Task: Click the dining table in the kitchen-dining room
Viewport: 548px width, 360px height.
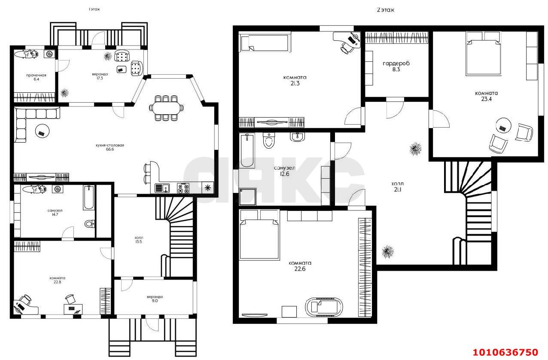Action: [166, 108]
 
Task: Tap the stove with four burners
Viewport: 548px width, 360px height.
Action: [183, 188]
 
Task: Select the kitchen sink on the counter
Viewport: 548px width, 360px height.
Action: [162, 188]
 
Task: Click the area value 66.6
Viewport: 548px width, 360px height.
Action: [110, 149]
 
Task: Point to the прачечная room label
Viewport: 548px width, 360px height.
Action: [36, 75]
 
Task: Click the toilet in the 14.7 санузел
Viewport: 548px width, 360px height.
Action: [90, 223]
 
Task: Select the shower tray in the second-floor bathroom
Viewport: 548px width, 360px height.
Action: [247, 197]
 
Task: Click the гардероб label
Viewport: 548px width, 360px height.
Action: [396, 64]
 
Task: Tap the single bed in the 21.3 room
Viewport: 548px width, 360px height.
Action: [265, 43]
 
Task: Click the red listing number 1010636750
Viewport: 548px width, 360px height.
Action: [505, 352]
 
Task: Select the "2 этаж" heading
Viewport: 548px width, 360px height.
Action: [385, 10]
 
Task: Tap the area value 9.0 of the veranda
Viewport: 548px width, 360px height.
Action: [155, 301]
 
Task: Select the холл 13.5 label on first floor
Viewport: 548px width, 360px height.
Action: [138, 240]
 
